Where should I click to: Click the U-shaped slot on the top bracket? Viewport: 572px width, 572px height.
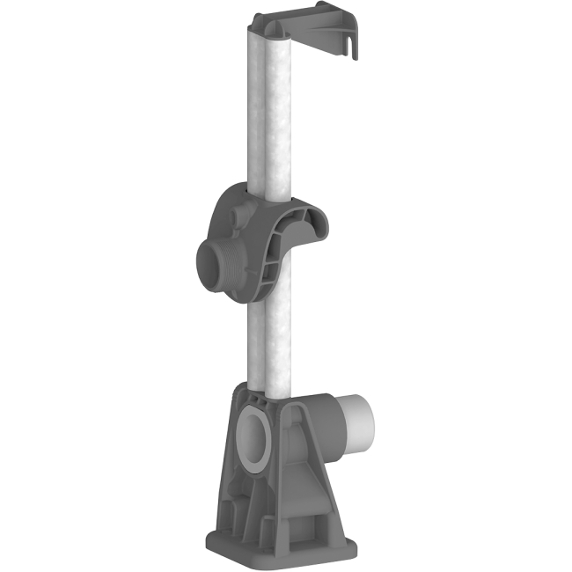pyautogui.click(x=354, y=43)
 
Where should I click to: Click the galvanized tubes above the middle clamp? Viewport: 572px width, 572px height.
pyautogui.click(x=275, y=114)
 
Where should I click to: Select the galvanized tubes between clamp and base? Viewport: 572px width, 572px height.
pyautogui.click(x=269, y=343)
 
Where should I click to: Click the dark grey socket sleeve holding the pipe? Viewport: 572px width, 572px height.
pyautogui.click(x=326, y=431)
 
